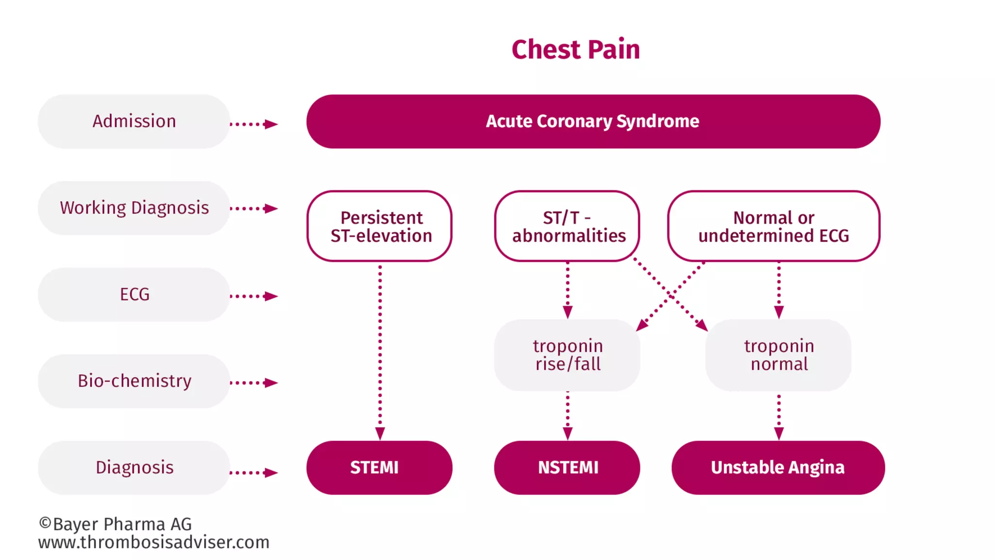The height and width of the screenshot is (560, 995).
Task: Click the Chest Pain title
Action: point(576,50)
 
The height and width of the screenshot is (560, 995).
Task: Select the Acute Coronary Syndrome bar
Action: point(593,121)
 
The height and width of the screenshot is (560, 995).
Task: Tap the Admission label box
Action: point(134,121)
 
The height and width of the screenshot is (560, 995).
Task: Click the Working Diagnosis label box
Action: point(134,208)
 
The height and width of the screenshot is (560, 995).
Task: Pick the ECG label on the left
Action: point(134,294)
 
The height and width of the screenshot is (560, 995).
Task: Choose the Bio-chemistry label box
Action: point(134,381)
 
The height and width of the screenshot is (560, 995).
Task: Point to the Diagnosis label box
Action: point(134,467)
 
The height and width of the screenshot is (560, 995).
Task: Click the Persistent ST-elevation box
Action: point(380,226)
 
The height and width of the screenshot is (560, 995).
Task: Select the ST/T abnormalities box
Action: point(567,226)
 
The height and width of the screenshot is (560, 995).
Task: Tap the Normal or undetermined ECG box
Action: point(773,226)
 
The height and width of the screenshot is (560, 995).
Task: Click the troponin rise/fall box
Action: point(567,355)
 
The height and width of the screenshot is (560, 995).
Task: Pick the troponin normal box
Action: point(778,355)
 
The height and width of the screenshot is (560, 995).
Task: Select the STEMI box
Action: point(379,467)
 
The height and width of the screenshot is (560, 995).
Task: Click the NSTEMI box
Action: point(567,467)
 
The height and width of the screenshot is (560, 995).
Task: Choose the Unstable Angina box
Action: point(777,467)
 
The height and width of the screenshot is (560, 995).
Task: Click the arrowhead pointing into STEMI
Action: point(380,433)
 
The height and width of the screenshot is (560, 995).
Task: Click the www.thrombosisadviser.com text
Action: point(154,542)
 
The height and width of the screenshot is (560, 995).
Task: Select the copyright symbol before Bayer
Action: point(45,523)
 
